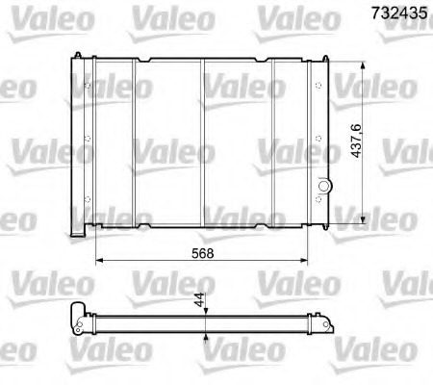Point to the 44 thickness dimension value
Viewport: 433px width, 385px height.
[199, 302]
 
